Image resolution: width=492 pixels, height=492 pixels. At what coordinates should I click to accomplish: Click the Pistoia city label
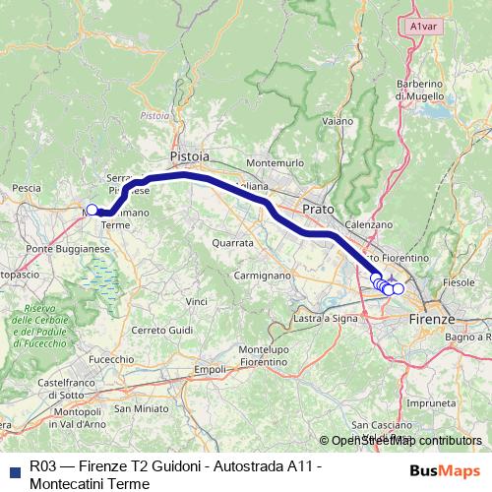pyautogui.click(x=189, y=156)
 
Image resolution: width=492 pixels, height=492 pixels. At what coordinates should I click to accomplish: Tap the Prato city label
pyautogui.click(x=318, y=210)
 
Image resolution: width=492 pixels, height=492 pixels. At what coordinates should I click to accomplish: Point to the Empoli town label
pyautogui.click(x=211, y=369)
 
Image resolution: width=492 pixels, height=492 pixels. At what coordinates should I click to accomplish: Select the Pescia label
pyautogui.click(x=26, y=187)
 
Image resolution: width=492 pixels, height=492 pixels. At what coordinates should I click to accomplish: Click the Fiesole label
pyautogui.click(x=459, y=282)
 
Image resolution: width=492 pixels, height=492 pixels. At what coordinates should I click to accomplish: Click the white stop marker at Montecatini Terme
pyautogui.click(x=92, y=209)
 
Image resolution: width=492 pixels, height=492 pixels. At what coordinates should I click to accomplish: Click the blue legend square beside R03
pyautogui.click(x=14, y=471)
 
